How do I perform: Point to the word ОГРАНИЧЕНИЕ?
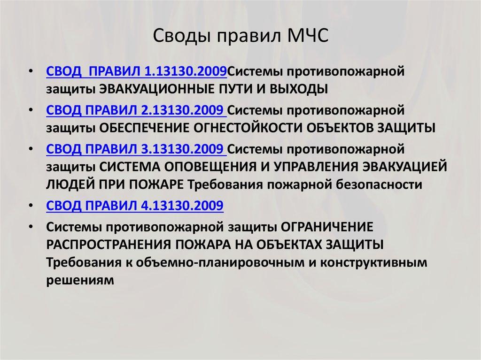(x=327, y=227)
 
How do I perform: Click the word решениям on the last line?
(x=80, y=280)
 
